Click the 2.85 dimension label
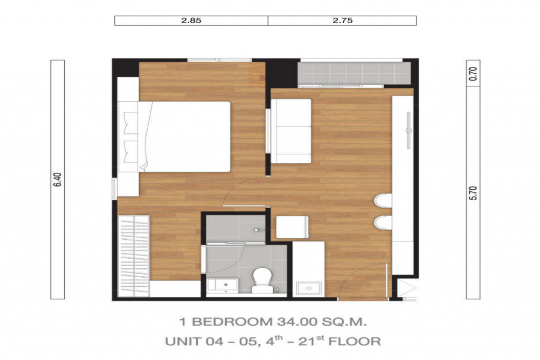pyautogui.click(x=191, y=21)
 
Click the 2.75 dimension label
pyautogui.click(x=342, y=21)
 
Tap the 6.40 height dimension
pyautogui.click(x=57, y=180)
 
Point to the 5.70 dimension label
pyautogui.click(x=473, y=193)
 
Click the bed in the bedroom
pyautogui.click(x=185, y=137)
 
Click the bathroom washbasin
pyautogui.click(x=223, y=286)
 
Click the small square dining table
pyautogui.click(x=292, y=227)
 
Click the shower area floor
pyautogui.click(x=235, y=227)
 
